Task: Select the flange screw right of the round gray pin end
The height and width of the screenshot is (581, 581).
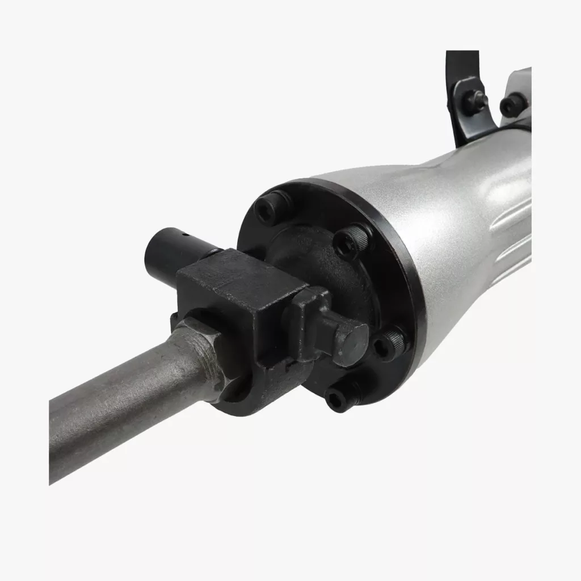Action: tap(391, 344)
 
